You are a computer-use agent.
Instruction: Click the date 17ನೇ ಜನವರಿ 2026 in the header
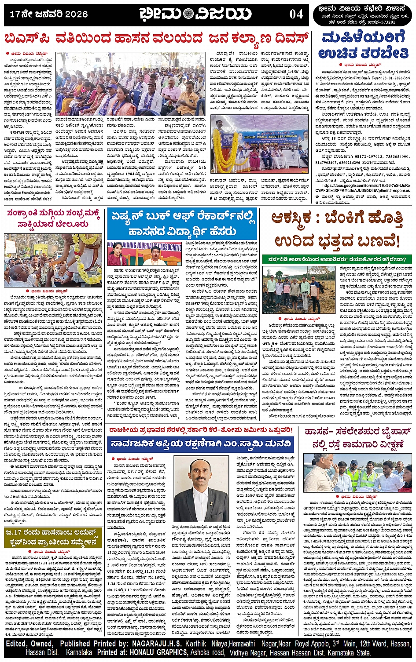[49, 15]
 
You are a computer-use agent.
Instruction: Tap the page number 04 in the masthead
[296, 15]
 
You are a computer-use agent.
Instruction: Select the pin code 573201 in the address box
[386, 22]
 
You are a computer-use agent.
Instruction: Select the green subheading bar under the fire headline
[337, 259]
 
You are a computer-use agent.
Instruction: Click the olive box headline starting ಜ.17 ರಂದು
[53, 538]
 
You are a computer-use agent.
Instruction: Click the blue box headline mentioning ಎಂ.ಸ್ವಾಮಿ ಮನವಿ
[201, 444]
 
